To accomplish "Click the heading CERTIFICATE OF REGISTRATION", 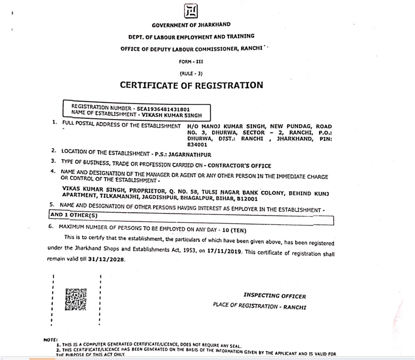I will [192, 85].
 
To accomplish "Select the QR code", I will [76, 299].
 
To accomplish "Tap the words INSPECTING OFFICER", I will [275, 296].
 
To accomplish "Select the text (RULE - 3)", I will [191, 73].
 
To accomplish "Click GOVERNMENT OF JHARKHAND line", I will [191, 25].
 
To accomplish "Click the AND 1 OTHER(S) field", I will [74, 215].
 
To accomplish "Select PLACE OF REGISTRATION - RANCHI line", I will [259, 306].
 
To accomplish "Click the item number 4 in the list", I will [53, 172].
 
